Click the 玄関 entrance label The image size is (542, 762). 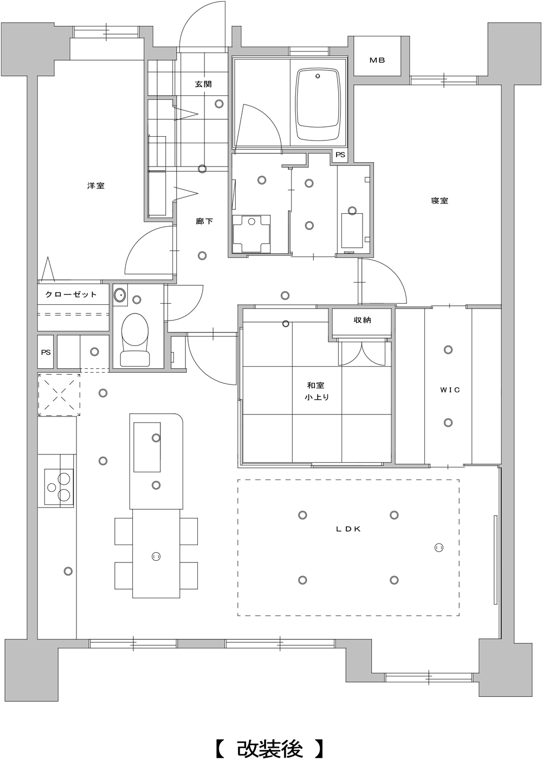pos(203,84)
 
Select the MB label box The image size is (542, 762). pos(377,60)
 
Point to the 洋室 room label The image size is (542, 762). pos(95,185)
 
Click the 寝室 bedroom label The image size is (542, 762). pos(440,201)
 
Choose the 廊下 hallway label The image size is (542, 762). pos(204,221)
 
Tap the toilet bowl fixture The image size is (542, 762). pos(135,340)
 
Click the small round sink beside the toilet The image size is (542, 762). pos(119,294)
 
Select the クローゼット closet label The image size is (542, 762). pos(71,294)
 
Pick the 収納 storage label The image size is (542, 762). pos(362,320)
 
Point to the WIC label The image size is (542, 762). pos(450,390)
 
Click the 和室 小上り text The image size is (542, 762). pos(316,391)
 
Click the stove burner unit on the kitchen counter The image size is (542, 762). pos(59,486)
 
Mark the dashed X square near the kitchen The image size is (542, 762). pos(59,394)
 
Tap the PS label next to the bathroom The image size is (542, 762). pos(340,155)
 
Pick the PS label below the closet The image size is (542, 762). pos(46,352)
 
